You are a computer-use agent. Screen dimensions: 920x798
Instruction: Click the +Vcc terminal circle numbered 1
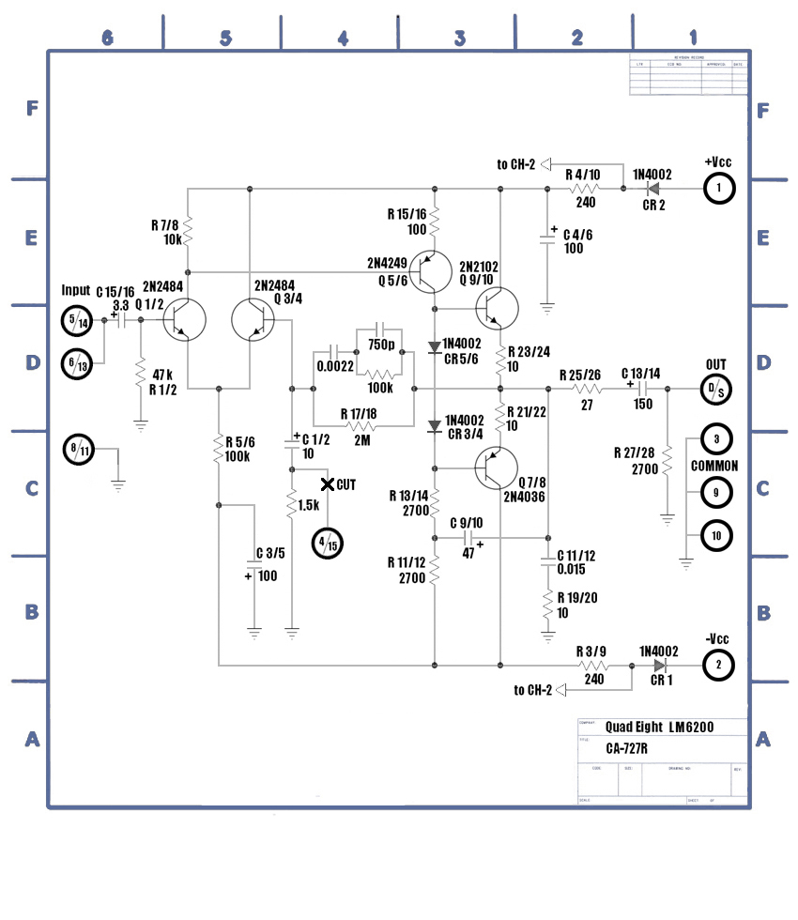pos(718,190)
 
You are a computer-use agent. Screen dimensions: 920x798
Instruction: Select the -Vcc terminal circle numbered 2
pos(718,666)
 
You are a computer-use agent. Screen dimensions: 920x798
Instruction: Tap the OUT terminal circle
pos(714,389)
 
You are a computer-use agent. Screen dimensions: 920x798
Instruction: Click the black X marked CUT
pos(328,484)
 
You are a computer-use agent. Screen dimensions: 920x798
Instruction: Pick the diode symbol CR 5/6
pos(435,347)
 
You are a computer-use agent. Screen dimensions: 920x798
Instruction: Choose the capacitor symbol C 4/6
pos(548,240)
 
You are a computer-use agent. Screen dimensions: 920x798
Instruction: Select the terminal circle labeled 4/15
pos(329,543)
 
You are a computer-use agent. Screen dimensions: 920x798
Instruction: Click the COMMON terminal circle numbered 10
pos(715,536)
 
